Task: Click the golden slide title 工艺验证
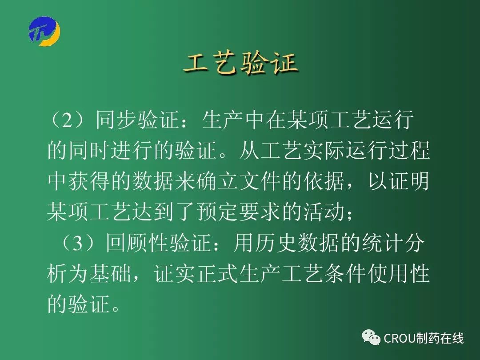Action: [x=241, y=64]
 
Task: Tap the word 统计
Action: [x=382, y=244]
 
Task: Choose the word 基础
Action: [x=110, y=273]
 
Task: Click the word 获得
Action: [x=89, y=181]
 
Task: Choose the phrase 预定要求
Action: [x=238, y=212]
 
